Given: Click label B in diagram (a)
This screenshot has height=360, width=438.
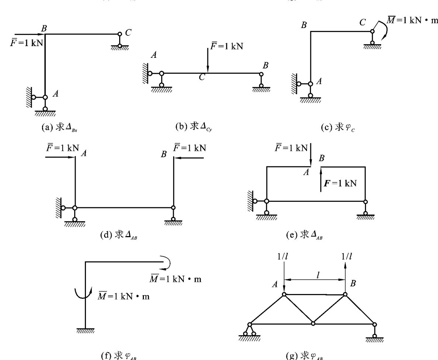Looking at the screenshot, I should point(44,28).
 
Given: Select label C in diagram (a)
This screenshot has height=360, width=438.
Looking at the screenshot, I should point(128,32).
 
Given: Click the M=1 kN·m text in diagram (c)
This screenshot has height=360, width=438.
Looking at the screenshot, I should point(413,20).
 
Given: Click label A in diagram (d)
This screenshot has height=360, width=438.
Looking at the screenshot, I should point(84,154).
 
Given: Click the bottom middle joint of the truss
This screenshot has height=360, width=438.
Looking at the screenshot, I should point(313,323).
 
